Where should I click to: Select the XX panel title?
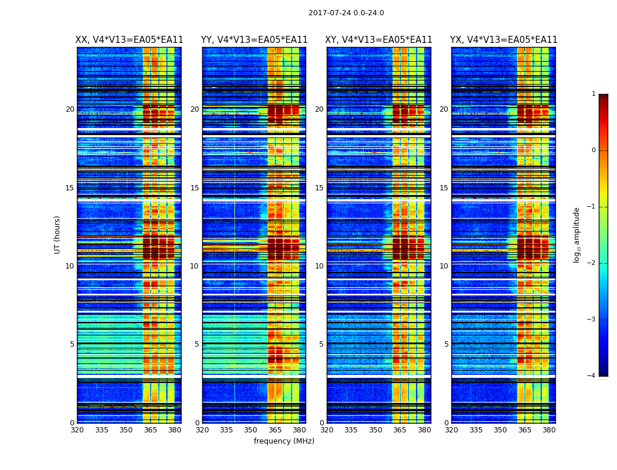[x=129, y=40]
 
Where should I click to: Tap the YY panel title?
[x=254, y=40]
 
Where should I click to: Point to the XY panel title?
[x=379, y=40]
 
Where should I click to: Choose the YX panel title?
[x=504, y=40]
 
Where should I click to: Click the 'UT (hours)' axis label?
[x=57, y=234]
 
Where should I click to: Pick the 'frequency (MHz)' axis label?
[x=284, y=441]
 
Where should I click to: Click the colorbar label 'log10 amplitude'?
[x=576, y=234]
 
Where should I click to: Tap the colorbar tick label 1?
[x=593, y=94]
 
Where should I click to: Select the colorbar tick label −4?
[x=592, y=376]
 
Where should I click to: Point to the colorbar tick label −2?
[x=592, y=263]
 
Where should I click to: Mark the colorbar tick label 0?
[x=593, y=150]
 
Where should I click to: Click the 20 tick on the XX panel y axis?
[x=70, y=109]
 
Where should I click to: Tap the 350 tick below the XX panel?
[x=126, y=430]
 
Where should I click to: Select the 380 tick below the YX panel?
[x=549, y=430]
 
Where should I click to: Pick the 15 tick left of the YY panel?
[x=195, y=188]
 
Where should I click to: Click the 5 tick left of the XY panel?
[x=321, y=344]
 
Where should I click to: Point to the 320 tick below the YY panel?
[x=202, y=430]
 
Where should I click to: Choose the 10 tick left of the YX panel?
[x=444, y=266]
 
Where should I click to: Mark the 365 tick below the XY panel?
[x=400, y=430]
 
